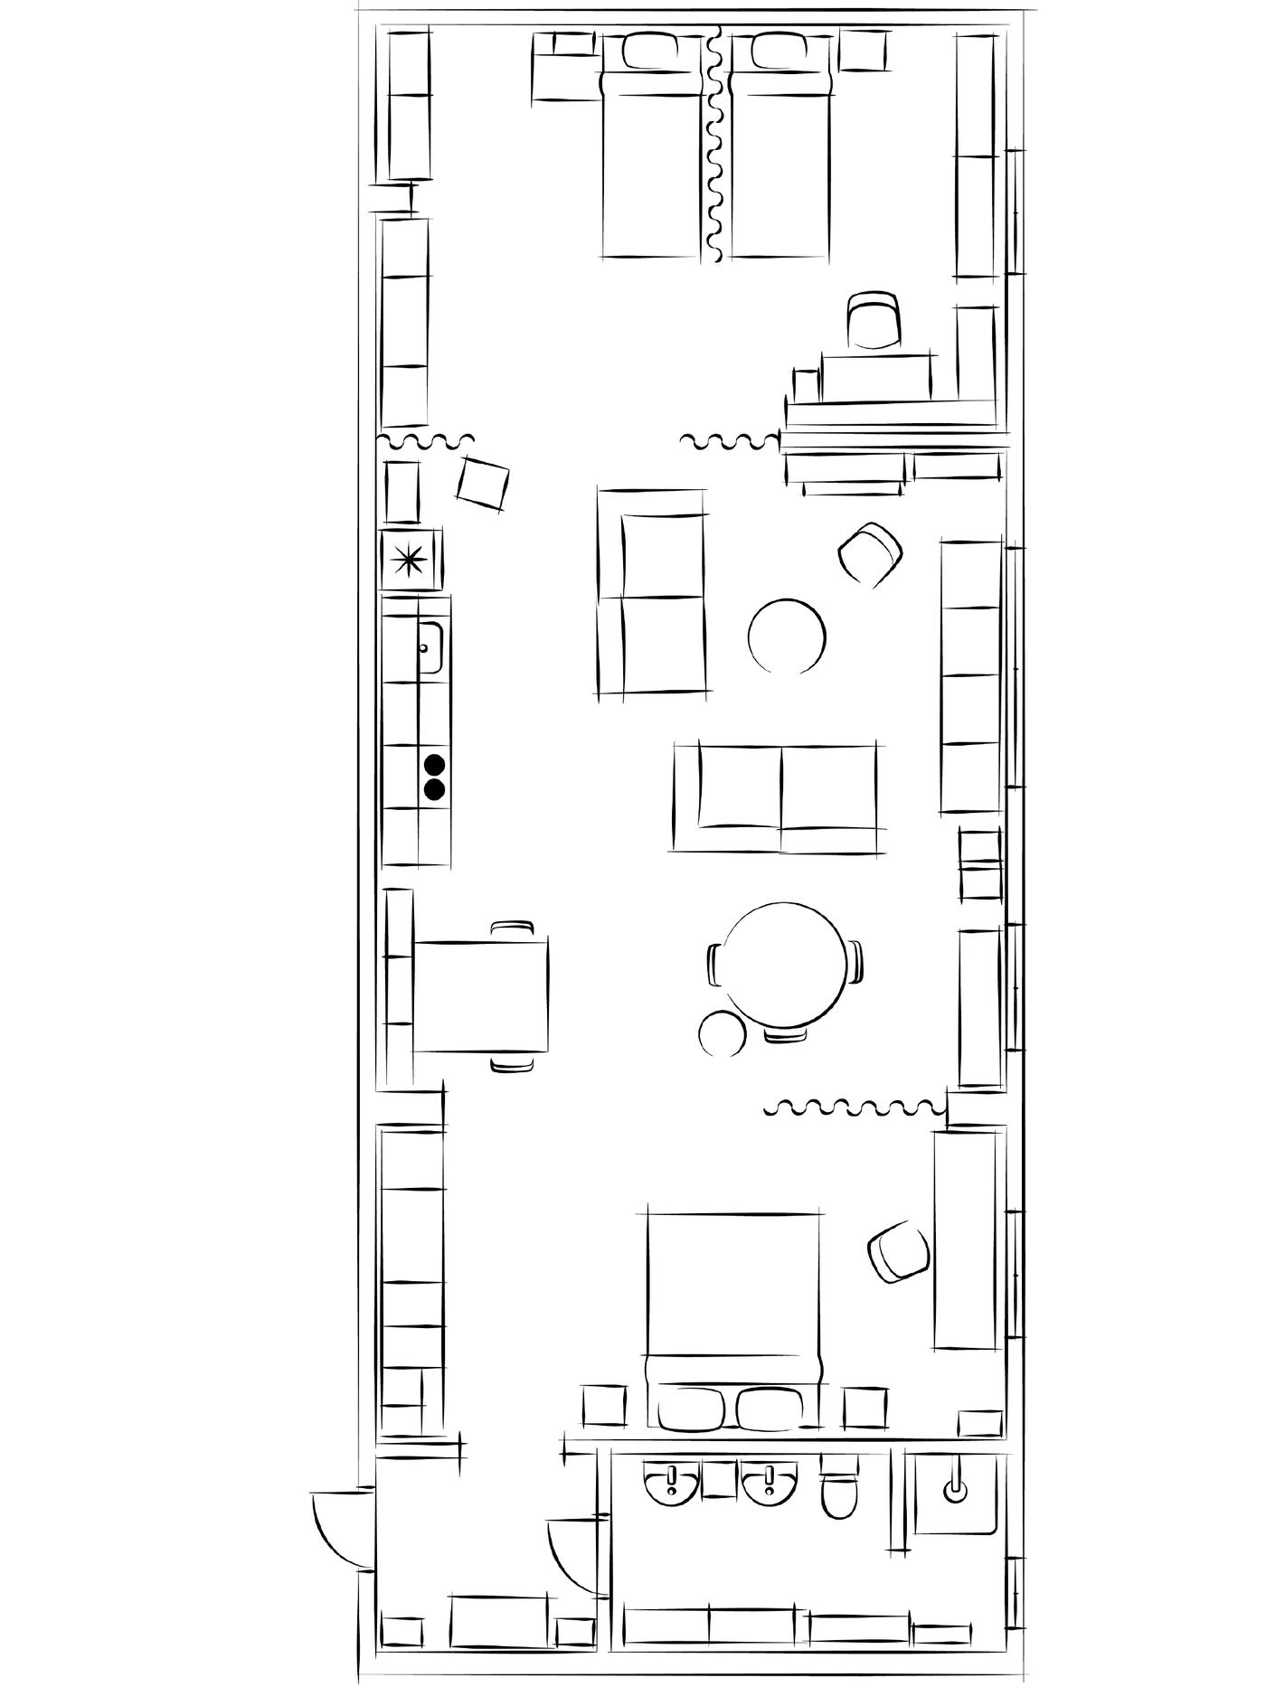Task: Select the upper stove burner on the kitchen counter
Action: coord(435,765)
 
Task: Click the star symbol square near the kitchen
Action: coord(410,561)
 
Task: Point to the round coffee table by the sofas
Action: coord(787,636)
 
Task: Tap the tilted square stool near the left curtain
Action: coord(483,482)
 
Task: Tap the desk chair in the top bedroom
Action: coord(874,320)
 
